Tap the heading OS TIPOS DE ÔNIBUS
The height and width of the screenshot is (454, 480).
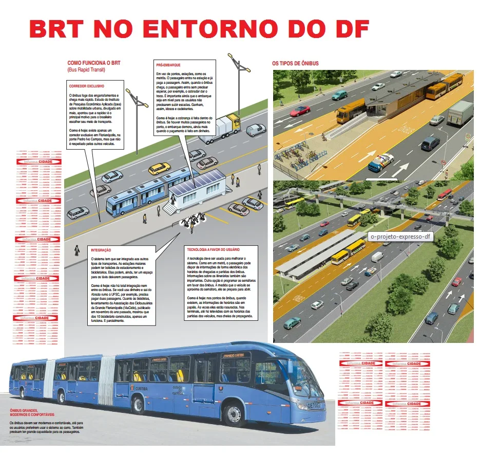(x=295, y=63)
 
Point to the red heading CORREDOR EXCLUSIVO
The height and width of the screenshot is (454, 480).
(x=87, y=86)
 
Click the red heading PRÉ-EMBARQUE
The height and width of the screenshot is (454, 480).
(x=168, y=65)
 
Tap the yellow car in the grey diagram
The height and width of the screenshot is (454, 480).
(x=159, y=168)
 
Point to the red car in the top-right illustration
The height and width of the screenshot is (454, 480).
(x=300, y=111)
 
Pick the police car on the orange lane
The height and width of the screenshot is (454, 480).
(x=381, y=162)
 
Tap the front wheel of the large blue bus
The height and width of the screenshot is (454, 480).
(x=234, y=414)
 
